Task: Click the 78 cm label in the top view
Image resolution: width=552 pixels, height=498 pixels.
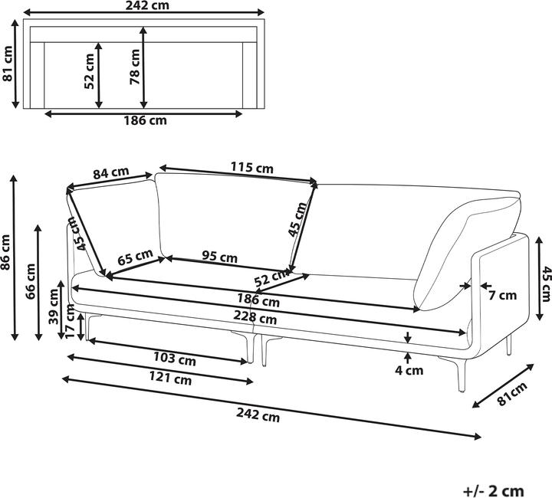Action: pos(135,67)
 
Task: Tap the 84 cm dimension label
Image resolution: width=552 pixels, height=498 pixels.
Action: pos(111,173)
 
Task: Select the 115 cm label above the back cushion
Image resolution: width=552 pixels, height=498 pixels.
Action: pos(251,168)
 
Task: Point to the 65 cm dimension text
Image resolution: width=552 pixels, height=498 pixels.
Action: pos(135,257)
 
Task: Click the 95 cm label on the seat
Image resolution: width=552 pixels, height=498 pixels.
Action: pos(220,257)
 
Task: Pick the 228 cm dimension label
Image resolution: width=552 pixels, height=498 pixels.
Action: pos(255,318)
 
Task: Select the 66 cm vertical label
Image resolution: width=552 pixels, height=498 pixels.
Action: pos(30,281)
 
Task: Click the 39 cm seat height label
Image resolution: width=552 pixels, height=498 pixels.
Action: pos(54,306)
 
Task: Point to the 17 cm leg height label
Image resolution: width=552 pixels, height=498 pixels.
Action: pos(70,322)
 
